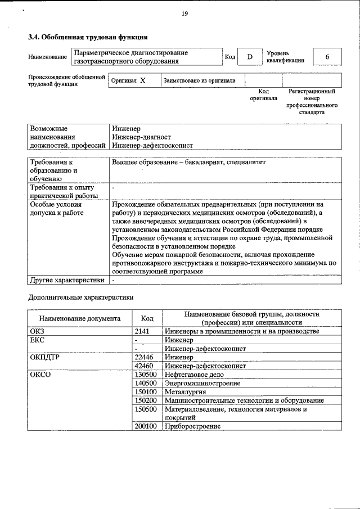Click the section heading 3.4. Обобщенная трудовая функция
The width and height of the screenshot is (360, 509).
point(88,37)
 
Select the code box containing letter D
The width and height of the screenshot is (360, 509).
point(250,57)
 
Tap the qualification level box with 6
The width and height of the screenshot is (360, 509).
point(327,57)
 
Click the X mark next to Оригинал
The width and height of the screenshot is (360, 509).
point(143,80)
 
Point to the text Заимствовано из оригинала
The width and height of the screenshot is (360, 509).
point(200,80)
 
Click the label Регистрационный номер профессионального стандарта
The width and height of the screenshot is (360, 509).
point(311,101)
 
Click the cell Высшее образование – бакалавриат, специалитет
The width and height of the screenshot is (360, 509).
point(188,163)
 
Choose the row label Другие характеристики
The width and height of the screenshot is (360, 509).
point(67,280)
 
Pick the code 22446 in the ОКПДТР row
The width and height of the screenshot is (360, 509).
point(144,357)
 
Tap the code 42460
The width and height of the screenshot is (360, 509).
point(144,366)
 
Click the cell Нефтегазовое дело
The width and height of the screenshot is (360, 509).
point(194,375)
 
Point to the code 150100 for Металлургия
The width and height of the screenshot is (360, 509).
point(146,391)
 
